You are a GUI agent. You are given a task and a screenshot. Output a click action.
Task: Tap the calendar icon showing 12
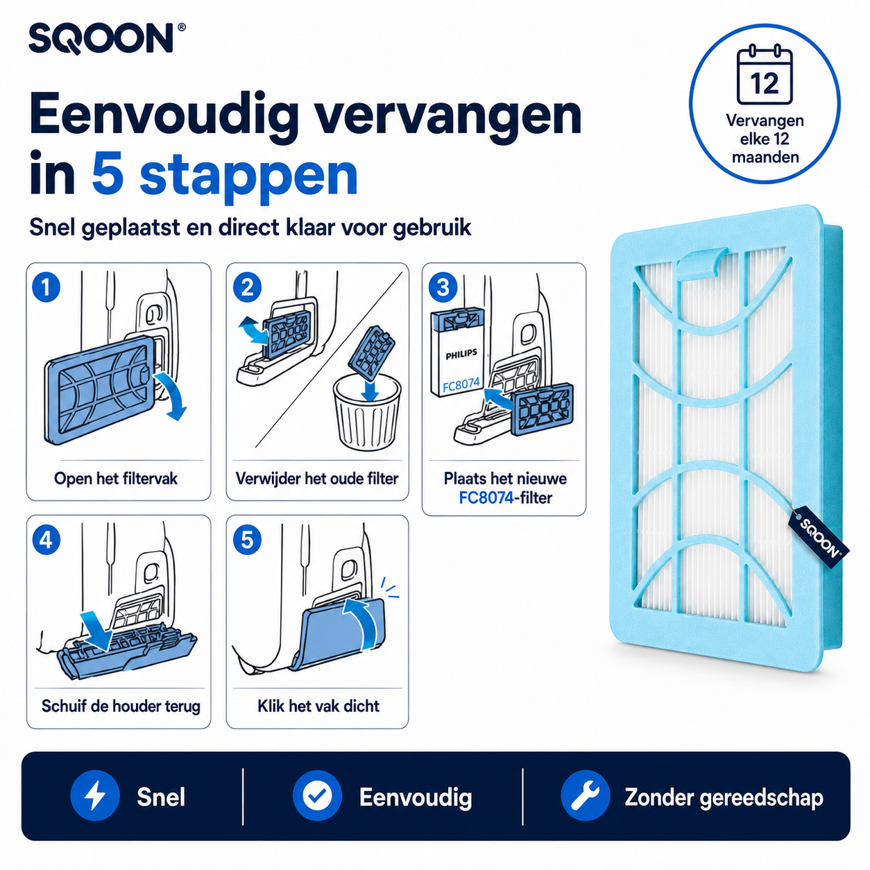coord(765,76)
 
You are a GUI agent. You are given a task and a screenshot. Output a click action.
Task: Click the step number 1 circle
coord(46,287)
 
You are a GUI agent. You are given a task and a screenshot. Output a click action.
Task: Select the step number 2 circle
coord(247,287)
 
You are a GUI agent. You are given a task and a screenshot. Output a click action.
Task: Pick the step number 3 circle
coord(443,287)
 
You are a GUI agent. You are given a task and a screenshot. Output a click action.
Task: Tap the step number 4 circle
coord(46,540)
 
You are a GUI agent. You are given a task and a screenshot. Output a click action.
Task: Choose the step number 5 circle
coord(247,540)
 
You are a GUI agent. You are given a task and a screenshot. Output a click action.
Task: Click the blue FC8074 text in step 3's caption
coord(486,497)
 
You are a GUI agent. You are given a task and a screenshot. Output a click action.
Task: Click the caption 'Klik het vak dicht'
coord(318,705)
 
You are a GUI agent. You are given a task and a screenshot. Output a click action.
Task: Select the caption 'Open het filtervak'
coord(116,478)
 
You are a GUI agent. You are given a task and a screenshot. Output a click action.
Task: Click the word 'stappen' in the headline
coord(249,175)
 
